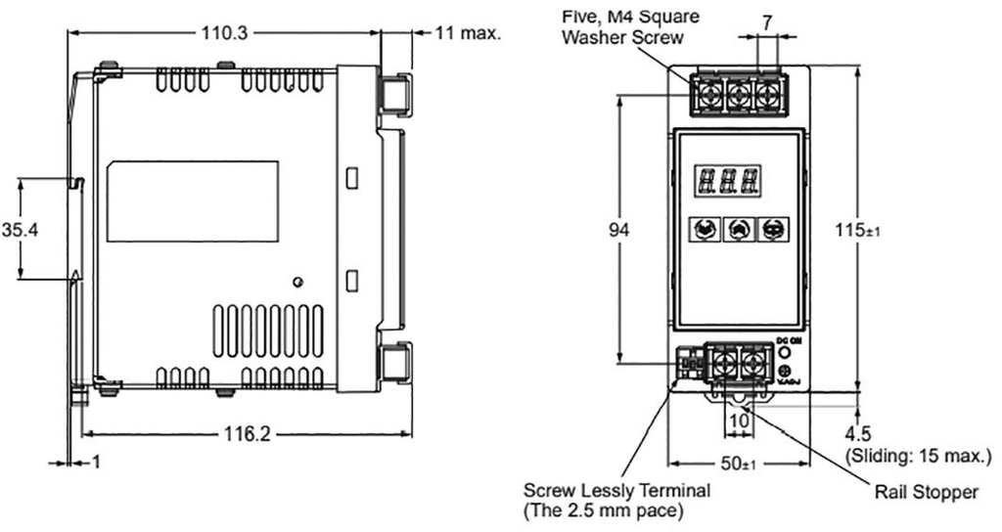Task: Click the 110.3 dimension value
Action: (x=225, y=32)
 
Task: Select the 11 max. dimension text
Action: (x=469, y=32)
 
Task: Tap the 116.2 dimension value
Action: (x=245, y=434)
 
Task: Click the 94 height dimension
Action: (x=618, y=230)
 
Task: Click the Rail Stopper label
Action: (x=926, y=492)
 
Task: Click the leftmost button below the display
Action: (x=703, y=229)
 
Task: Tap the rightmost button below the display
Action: (x=773, y=229)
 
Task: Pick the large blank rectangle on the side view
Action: (x=192, y=201)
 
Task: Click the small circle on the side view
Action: (x=297, y=283)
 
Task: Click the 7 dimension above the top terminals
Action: (x=768, y=21)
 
